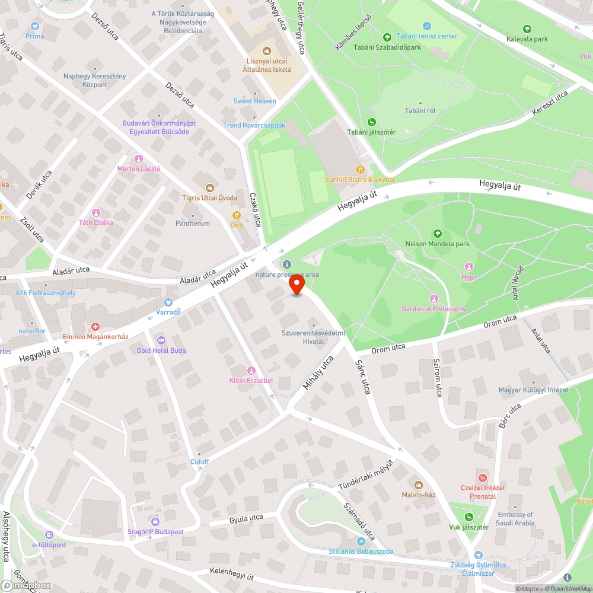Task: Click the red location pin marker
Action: point(296,285)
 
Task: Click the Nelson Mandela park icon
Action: point(438,234)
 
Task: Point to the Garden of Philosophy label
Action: point(433,309)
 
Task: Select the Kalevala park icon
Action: point(527,29)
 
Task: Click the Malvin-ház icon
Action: point(419,485)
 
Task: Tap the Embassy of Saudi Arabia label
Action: point(515,519)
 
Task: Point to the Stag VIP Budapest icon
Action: point(155,522)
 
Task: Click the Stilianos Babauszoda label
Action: point(361,551)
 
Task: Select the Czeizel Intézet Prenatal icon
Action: point(483,477)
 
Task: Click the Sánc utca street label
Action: point(363,377)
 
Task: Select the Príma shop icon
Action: point(34,26)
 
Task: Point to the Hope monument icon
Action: point(469,267)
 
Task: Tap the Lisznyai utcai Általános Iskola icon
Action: point(267,51)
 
